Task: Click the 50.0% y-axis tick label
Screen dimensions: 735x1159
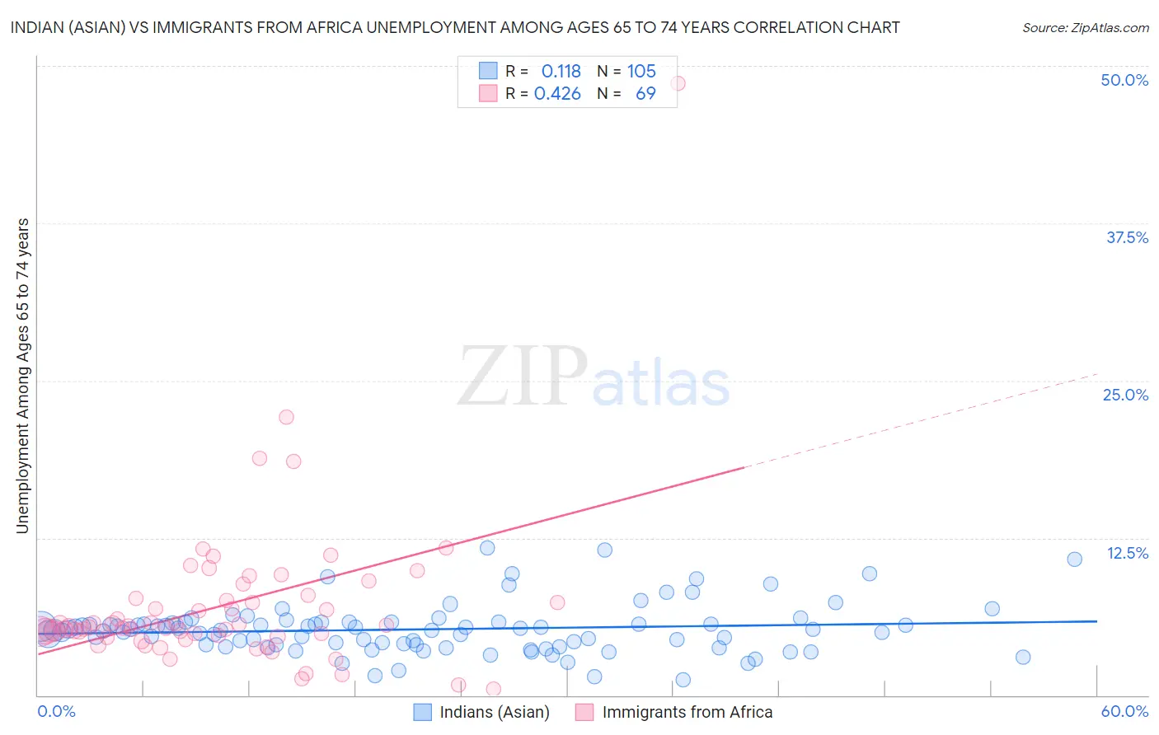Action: (1124, 80)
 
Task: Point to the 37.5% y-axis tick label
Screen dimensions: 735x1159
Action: (1127, 237)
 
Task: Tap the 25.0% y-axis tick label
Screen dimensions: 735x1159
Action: (1125, 395)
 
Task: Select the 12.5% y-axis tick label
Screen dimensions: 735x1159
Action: (1127, 553)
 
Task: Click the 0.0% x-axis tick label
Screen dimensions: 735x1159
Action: (56, 711)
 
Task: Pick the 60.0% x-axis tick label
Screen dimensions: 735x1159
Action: (1124, 711)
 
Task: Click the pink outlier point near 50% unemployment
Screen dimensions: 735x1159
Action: (678, 83)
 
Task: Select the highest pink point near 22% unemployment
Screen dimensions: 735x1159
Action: (286, 417)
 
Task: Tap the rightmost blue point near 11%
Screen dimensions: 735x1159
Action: (1074, 559)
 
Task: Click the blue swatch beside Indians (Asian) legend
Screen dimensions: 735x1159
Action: (422, 712)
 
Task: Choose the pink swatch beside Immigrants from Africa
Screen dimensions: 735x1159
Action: (584, 712)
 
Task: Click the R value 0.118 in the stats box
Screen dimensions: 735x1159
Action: (561, 72)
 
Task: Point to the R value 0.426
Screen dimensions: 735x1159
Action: (557, 94)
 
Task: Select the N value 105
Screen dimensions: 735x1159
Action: (641, 72)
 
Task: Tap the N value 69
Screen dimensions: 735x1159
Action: (645, 94)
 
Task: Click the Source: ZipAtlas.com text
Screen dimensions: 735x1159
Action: (1085, 27)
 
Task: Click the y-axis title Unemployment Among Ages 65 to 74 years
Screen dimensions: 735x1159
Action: (23, 376)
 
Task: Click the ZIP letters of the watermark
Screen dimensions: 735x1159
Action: (523, 377)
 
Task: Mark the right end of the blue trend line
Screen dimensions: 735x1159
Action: (1096, 620)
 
